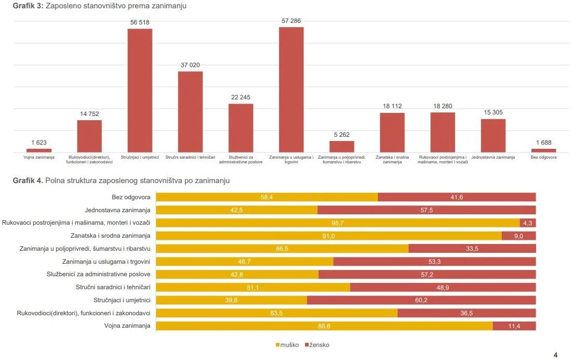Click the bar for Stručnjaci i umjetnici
coord(140,90)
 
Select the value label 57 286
coord(291,21)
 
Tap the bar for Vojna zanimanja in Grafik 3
coord(39,150)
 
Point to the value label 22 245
coord(240,97)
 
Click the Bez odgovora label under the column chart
coord(543,157)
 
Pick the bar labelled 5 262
coord(341,146)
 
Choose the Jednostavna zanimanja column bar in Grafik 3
coord(493,135)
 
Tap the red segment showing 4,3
coord(528,223)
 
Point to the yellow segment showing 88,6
coord(324,326)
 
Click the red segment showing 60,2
coord(421,300)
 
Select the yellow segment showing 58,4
coord(267,197)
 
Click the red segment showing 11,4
coord(514,326)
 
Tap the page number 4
coord(555,355)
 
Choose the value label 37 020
coord(190,65)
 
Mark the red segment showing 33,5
coord(472,249)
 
